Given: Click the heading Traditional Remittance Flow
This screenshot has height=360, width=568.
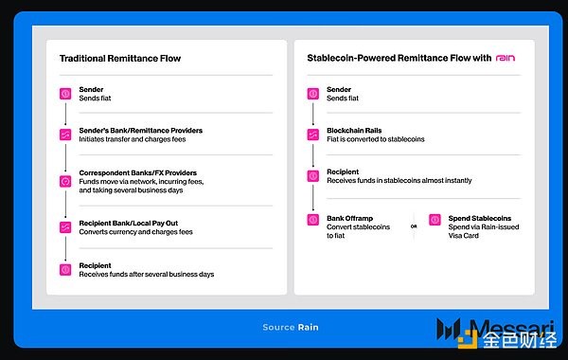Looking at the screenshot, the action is (120, 59).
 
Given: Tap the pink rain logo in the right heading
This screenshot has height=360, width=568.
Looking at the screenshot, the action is (506, 58).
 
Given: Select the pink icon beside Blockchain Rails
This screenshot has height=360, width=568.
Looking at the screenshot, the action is (313, 135).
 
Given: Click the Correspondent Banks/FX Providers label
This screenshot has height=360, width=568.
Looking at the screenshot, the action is (137, 172).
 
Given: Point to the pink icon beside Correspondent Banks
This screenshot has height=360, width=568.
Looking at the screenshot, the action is (65, 181).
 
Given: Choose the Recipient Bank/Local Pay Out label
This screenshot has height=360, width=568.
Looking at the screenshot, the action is (128, 223).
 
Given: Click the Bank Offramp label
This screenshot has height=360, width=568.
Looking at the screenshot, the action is (349, 218).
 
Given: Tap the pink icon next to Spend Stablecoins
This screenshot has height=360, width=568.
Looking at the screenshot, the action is (435, 220).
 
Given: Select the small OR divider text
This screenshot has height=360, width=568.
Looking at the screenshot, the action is (414, 226).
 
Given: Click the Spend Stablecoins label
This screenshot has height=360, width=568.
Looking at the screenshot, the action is (480, 218).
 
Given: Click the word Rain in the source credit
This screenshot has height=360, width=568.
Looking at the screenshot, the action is (309, 328).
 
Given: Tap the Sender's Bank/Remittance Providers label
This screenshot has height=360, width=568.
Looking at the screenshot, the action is (140, 130).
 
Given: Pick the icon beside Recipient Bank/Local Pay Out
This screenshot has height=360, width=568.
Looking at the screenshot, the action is (65, 227).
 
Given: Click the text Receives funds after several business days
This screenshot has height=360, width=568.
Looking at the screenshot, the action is (147, 275).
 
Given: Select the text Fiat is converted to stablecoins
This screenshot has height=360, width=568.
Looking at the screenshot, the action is (375, 139).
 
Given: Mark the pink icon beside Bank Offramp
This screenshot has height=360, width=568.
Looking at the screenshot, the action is (313, 220).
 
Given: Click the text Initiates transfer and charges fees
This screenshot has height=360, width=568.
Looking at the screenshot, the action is (133, 139).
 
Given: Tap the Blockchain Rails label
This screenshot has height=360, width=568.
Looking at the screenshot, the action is (354, 130).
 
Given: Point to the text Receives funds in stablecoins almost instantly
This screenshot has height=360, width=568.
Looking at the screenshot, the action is (399, 181).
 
